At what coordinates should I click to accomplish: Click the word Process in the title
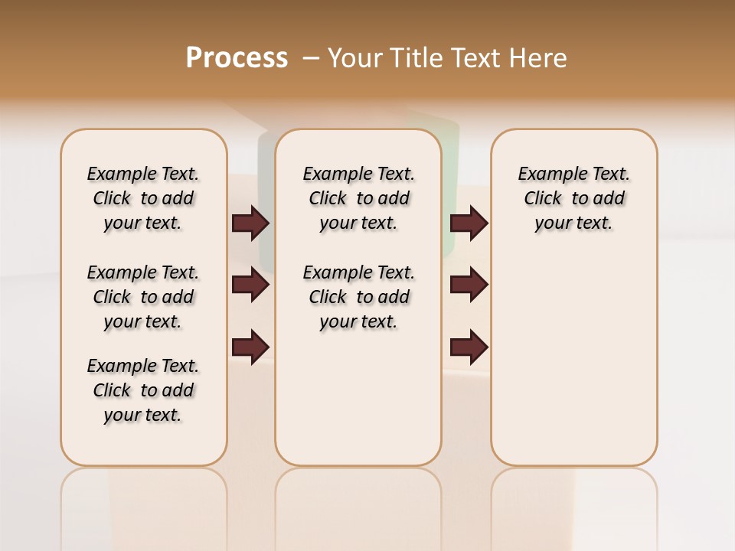[x=237, y=57]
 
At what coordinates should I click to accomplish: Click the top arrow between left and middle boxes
[x=250, y=223]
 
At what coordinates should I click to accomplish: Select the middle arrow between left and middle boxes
[x=250, y=285]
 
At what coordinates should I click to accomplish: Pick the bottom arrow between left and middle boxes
[x=250, y=347]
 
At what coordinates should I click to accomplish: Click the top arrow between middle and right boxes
[x=469, y=223]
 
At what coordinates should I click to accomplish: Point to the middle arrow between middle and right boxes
[x=469, y=285]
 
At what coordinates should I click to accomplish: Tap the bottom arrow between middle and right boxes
[x=469, y=347]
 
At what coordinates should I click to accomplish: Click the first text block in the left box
[x=143, y=198]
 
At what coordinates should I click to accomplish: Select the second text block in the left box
[x=143, y=297]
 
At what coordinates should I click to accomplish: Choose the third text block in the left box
[x=143, y=390]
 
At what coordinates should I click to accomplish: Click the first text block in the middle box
[x=358, y=198]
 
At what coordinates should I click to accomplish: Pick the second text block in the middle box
[x=358, y=297]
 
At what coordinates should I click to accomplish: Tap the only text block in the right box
[x=573, y=198]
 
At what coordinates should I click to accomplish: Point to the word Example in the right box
[x=547, y=174]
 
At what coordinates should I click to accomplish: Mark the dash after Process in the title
[x=310, y=57]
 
